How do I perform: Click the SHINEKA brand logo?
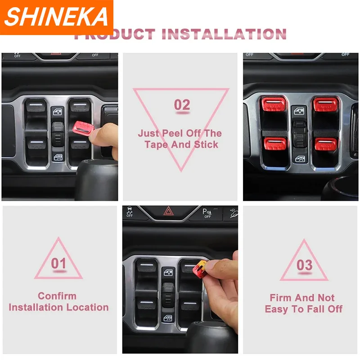pyautogui.click(x=56, y=17)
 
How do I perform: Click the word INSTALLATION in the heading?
pyautogui.click(x=224, y=34)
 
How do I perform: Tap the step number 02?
pyautogui.click(x=182, y=105)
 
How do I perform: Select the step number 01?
pyautogui.click(x=58, y=263)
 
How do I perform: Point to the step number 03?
pyautogui.click(x=305, y=265)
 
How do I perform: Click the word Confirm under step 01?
pyautogui.click(x=57, y=296)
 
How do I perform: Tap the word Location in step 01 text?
pyautogui.click(x=87, y=307)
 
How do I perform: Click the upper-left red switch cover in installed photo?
pyautogui.click(x=274, y=104)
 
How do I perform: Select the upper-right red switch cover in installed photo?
pyautogui.click(x=325, y=104)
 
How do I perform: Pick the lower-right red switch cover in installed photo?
pyautogui.click(x=326, y=144)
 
